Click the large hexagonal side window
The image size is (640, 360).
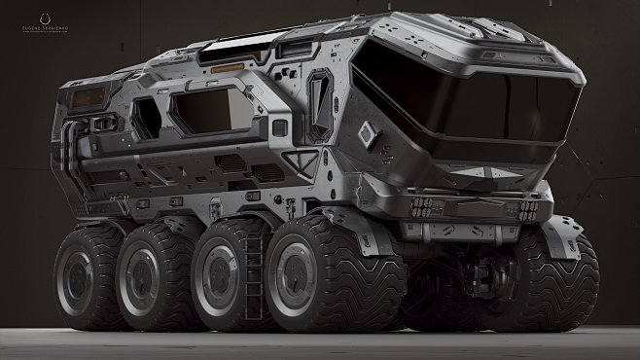click(204, 109)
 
